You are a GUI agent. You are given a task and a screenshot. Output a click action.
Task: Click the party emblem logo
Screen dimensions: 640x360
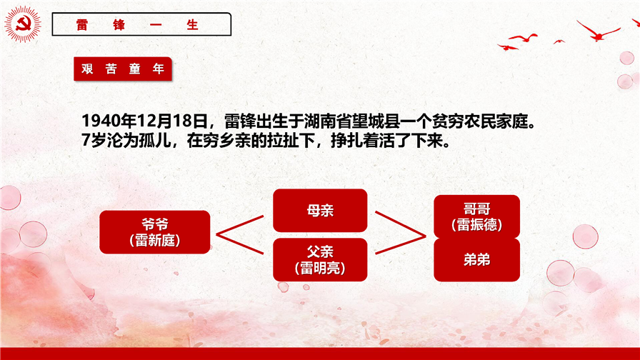(23, 24)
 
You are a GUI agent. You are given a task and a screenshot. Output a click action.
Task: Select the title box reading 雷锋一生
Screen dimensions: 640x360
(141, 24)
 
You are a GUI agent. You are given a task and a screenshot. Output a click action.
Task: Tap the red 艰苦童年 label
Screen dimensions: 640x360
(123, 69)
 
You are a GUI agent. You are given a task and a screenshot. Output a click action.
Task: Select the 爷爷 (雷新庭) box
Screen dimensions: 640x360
(155, 232)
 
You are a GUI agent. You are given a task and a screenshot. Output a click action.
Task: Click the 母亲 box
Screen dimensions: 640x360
(320, 210)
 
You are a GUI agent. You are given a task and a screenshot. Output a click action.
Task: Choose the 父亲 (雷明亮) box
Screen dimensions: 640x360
(320, 259)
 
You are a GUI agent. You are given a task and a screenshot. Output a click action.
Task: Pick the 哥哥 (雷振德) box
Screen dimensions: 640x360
(476, 216)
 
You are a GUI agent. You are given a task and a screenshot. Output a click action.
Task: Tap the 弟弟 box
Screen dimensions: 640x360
(476, 260)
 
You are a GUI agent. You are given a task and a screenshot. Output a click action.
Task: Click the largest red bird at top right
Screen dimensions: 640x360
(598, 33)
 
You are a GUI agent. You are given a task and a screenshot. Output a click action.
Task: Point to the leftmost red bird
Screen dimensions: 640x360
(507, 47)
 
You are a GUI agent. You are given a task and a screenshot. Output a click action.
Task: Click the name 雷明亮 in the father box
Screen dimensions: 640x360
(320, 268)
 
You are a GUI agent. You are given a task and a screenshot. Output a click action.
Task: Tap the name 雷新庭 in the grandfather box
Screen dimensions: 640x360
(155, 241)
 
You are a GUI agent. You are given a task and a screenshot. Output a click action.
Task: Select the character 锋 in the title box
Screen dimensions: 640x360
(119, 24)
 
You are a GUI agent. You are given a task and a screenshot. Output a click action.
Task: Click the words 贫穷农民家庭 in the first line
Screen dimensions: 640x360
(480, 121)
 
